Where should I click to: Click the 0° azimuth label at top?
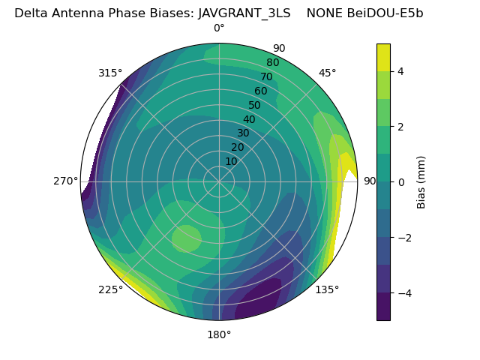[x=219, y=28]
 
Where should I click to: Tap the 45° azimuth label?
[x=328, y=73]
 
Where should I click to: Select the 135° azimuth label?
[x=327, y=289]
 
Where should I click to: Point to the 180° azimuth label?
[x=219, y=334]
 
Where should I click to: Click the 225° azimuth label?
[x=110, y=290]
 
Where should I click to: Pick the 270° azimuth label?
[x=66, y=181]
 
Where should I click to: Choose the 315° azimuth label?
[x=110, y=73]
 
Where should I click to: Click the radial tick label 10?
[x=231, y=161]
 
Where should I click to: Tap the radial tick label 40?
[x=249, y=119]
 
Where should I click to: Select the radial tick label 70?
[x=266, y=76]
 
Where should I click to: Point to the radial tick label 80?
[x=272, y=62]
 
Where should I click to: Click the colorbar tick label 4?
[x=400, y=71]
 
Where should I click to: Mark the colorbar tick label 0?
[x=400, y=182]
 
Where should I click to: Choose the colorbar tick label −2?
[x=403, y=238]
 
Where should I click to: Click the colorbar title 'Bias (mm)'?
[x=421, y=182]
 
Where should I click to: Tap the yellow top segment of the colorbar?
[x=383, y=57]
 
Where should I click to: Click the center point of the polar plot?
[x=219, y=181]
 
